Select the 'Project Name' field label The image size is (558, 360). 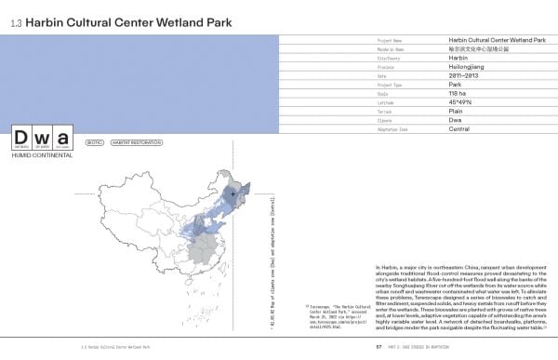391,42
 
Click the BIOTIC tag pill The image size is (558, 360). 92,144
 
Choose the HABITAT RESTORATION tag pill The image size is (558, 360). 131,144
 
